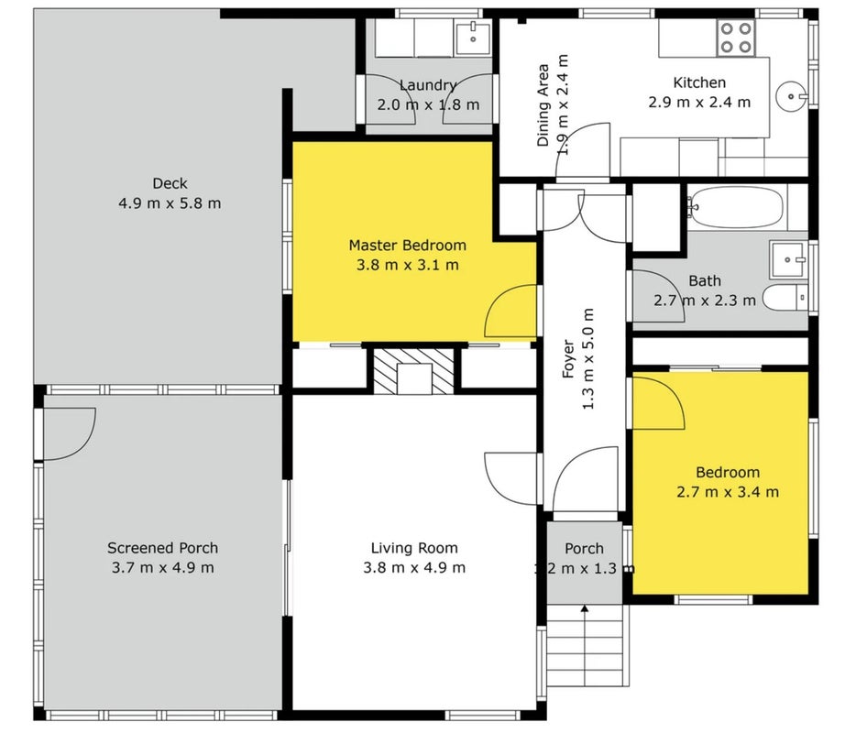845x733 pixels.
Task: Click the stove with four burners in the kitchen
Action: [736, 38]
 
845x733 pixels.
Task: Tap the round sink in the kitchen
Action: [792, 97]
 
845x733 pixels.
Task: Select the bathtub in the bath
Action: [735, 207]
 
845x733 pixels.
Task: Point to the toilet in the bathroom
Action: [785, 298]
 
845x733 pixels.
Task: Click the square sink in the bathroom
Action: [787, 259]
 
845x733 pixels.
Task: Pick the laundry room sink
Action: [473, 38]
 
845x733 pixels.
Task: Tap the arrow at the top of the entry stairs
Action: [585, 609]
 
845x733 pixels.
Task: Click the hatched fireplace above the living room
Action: [414, 371]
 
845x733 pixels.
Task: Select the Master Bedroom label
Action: [408, 246]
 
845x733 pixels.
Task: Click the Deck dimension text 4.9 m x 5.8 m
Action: [170, 203]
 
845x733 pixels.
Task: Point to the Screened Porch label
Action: [163, 548]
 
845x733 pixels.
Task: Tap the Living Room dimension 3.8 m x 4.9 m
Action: [414, 568]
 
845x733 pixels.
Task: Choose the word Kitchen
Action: [699, 82]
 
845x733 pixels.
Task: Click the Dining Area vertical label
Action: [543, 105]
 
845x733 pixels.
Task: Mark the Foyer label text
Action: [568, 358]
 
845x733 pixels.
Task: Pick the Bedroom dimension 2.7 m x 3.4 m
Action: [728, 492]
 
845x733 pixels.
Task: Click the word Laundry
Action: [428, 85]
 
